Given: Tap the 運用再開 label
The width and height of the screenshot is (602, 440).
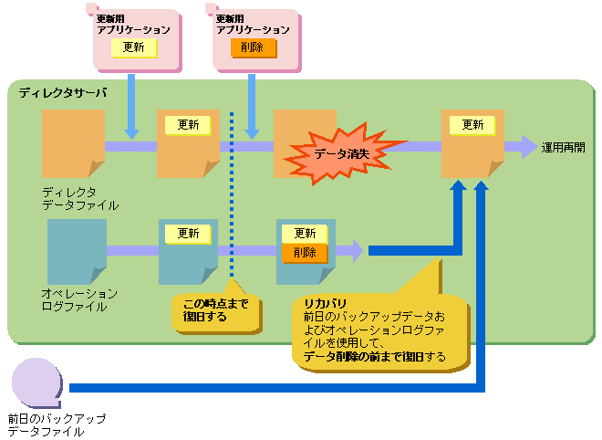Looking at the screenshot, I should click(564, 146).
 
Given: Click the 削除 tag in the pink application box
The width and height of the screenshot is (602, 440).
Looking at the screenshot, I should click(253, 47).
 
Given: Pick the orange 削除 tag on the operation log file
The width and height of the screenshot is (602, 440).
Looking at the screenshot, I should click(305, 253).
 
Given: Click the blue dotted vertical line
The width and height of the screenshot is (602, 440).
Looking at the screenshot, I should click(233, 192).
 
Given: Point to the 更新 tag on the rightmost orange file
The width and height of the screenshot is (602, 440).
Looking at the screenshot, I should click(472, 125).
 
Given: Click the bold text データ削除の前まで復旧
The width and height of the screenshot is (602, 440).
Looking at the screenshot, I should click(364, 356).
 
